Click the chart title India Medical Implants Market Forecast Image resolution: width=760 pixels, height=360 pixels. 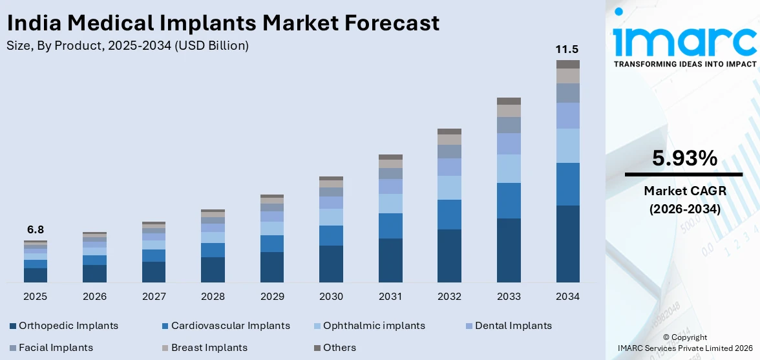click(223, 23)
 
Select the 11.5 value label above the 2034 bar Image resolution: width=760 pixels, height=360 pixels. click(567, 50)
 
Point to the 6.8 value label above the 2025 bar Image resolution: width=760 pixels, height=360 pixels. click(35, 229)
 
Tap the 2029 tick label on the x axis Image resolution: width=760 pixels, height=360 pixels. click(272, 297)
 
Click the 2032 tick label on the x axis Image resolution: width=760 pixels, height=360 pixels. click(449, 297)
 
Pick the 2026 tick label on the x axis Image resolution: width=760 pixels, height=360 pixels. click(94, 297)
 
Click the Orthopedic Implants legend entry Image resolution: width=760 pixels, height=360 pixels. click(69, 326)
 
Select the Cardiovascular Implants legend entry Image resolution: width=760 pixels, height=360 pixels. click(230, 326)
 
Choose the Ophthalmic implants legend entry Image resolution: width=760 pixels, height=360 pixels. click(374, 326)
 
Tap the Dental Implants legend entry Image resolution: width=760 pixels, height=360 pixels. click(513, 326)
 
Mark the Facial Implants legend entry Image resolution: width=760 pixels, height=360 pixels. click(56, 348)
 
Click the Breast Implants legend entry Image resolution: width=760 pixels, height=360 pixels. click(209, 348)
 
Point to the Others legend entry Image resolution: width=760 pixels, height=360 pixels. click(339, 348)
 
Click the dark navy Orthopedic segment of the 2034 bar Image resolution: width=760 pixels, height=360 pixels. click(567, 244)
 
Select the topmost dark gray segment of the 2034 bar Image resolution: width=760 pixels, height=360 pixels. click(567, 64)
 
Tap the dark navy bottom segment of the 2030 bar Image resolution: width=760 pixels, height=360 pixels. click(331, 264)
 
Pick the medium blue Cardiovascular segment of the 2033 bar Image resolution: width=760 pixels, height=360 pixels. click(509, 200)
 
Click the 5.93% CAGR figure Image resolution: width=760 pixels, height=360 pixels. click(684, 158)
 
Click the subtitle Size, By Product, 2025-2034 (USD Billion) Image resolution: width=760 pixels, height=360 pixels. click(127, 46)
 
